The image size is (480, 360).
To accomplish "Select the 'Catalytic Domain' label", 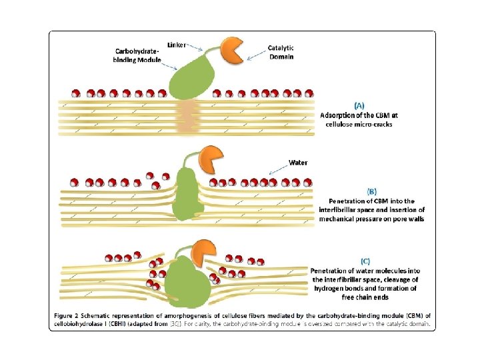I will (x=280, y=52).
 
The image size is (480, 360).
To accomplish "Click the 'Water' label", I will (x=298, y=162).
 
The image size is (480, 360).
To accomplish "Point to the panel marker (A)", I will (x=359, y=105).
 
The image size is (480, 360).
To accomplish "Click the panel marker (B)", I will (x=362, y=191).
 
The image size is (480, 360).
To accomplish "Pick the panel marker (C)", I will (x=365, y=260).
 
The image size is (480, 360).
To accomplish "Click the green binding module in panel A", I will (x=190, y=79).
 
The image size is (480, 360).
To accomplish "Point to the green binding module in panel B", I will (x=189, y=194).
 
